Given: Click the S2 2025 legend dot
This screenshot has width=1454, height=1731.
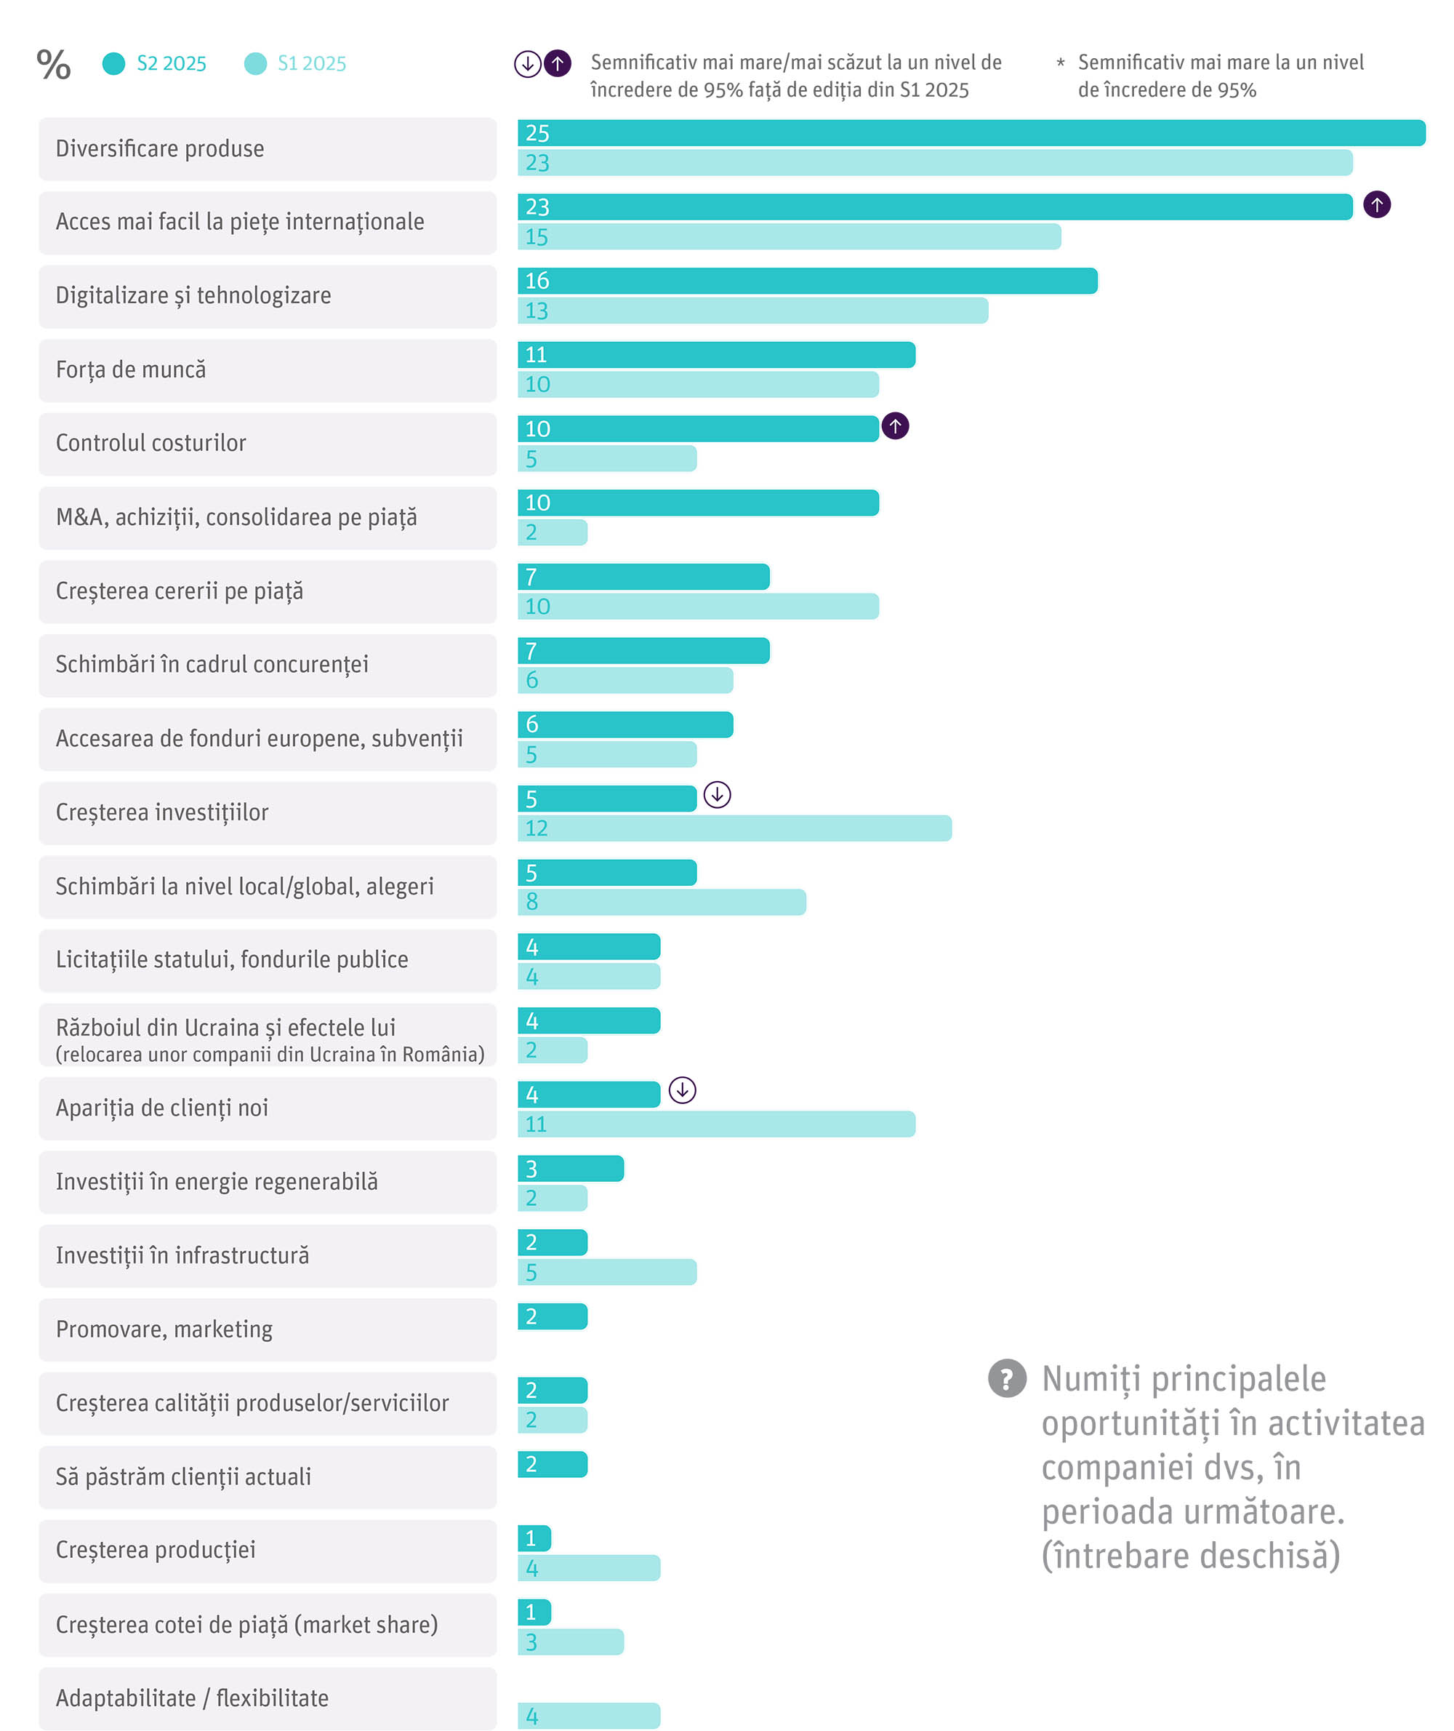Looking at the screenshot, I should [x=113, y=63].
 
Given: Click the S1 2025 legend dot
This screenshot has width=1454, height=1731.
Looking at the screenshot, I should [x=255, y=63].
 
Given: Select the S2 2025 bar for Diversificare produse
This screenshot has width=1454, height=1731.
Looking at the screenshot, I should [x=971, y=133].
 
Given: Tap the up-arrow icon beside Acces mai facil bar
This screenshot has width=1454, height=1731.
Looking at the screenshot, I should [x=1376, y=204].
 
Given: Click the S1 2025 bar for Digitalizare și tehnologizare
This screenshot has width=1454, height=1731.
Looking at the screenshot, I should [x=752, y=311].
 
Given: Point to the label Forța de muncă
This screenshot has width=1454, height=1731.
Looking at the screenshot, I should [x=131, y=369].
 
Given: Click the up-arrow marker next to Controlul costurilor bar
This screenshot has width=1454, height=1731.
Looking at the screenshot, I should [x=895, y=426].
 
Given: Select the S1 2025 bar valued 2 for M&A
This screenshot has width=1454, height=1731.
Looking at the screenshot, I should [x=553, y=532].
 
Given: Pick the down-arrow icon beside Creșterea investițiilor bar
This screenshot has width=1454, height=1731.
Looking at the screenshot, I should [x=717, y=795].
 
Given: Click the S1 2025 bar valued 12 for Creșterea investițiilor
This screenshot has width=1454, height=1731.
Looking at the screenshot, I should [x=734, y=828].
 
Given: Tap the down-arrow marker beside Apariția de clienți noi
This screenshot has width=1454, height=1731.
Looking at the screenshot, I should [x=683, y=1090].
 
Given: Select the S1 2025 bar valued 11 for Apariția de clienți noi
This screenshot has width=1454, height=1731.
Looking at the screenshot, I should [x=716, y=1124].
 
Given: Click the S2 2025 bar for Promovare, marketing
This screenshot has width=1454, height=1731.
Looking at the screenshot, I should [x=553, y=1316].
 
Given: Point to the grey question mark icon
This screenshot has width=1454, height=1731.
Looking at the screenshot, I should [x=1007, y=1379].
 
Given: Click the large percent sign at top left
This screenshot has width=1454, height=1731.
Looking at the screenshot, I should [x=54, y=64].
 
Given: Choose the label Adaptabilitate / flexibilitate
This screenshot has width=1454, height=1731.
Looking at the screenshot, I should [x=192, y=1698].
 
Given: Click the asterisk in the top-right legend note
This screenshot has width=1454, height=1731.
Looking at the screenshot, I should [x=1060, y=63].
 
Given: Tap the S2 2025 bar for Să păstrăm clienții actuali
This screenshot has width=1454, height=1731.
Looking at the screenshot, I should [x=553, y=1464].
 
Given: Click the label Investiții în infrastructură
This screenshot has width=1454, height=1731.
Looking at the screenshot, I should [x=182, y=1255].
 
